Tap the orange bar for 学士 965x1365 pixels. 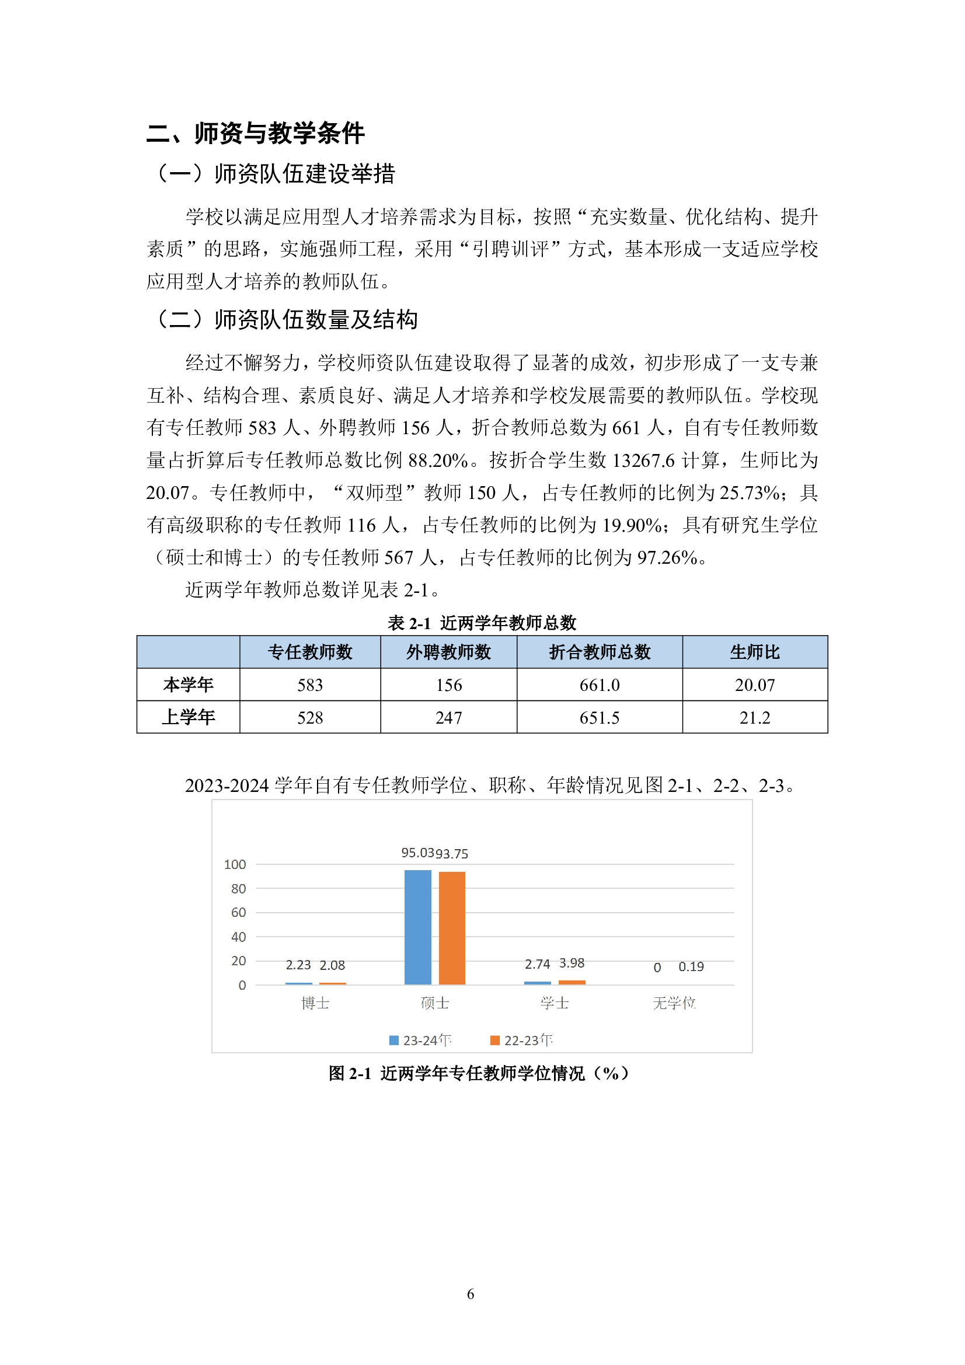[572, 982]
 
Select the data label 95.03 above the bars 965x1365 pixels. [417, 853]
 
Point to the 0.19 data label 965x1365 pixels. [691, 966]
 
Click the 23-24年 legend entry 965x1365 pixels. [420, 1041]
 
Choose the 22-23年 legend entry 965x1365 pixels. [521, 1041]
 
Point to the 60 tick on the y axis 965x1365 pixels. [238, 913]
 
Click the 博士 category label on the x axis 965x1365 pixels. [315, 1004]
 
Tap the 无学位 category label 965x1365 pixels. [674, 1004]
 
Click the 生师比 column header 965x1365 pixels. [754, 652]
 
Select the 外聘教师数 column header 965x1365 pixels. [448, 652]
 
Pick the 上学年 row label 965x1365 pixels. [188, 717]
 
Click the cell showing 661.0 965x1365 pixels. [600, 685]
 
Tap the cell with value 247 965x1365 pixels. [448, 718]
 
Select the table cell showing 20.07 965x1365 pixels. [754, 685]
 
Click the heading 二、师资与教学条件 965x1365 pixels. [255, 132]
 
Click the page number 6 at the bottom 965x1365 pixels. [471, 1294]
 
